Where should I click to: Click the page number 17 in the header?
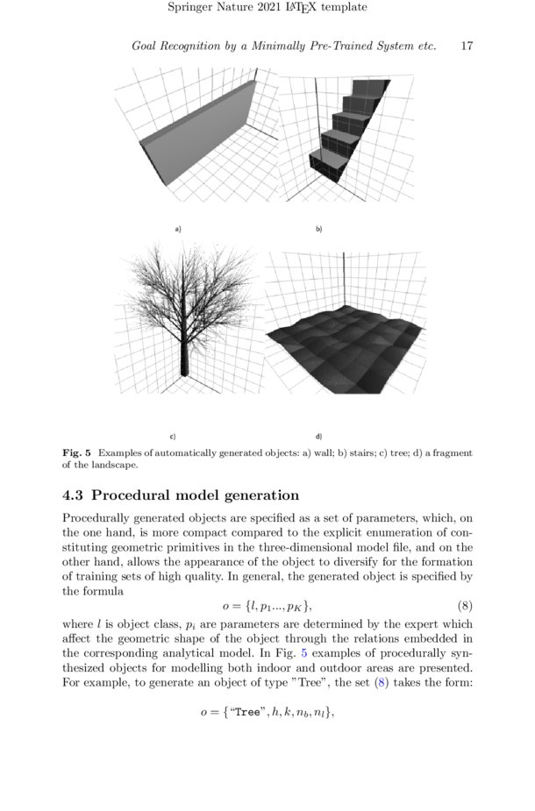pos(467,46)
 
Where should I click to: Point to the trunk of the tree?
pos(183,355)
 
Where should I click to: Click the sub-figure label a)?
pos(178,229)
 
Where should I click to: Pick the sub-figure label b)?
pos(319,229)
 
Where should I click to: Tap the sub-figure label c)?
pos(173,436)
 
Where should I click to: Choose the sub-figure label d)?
pos(318,436)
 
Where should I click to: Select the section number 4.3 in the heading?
pos(73,495)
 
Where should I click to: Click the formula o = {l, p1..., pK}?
pos(267,607)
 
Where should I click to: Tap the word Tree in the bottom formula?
pos(246,712)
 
